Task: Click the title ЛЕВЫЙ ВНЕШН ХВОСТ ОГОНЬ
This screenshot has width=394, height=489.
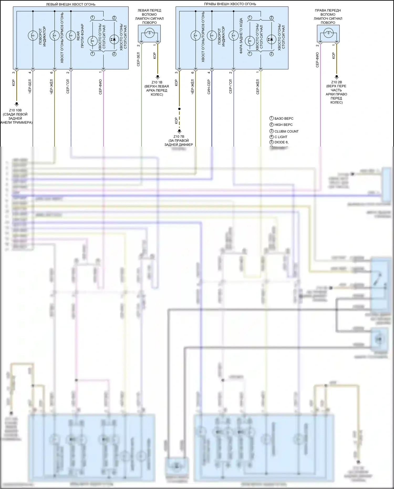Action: coord(70,4)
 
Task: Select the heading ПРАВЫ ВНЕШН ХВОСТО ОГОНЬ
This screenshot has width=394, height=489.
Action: coord(230,4)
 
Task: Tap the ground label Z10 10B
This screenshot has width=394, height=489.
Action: coord(15,110)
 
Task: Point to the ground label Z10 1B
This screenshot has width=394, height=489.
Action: coord(157,82)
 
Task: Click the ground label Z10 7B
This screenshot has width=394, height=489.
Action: coord(179,137)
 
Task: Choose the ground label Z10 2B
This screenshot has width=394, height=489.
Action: coord(336,82)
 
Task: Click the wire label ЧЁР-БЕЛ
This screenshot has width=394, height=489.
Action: coord(30,86)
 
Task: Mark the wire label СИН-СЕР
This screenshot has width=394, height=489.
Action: coord(209,87)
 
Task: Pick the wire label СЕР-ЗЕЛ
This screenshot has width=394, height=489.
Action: coord(138,59)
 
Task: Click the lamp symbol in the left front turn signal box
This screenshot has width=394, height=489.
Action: coord(149,33)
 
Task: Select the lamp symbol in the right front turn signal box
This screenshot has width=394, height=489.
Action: coord(328,33)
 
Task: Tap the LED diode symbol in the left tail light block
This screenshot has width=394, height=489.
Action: coord(114,39)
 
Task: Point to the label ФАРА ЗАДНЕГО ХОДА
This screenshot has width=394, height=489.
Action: coord(241,36)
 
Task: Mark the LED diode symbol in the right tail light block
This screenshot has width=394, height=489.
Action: coord(271,39)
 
